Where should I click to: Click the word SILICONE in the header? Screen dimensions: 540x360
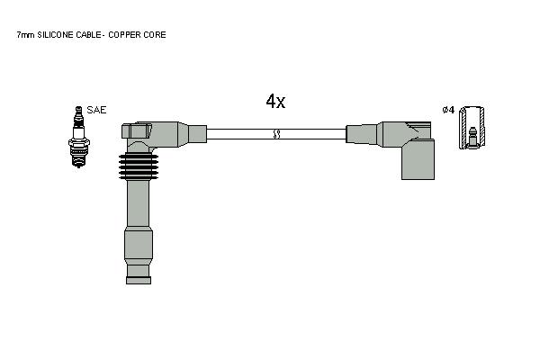coord(56,35)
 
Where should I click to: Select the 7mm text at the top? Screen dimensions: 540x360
coord(25,35)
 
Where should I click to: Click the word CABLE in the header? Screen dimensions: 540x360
coord(88,35)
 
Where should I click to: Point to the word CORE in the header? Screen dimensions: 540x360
coord(156,35)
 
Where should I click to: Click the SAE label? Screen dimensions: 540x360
coord(96,110)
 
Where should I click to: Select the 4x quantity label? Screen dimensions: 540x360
coord(275,102)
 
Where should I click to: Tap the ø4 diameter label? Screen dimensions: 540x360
coord(448,110)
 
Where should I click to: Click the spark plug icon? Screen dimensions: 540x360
coord(79,137)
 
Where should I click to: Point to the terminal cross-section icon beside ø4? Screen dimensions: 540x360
coord(472,128)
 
